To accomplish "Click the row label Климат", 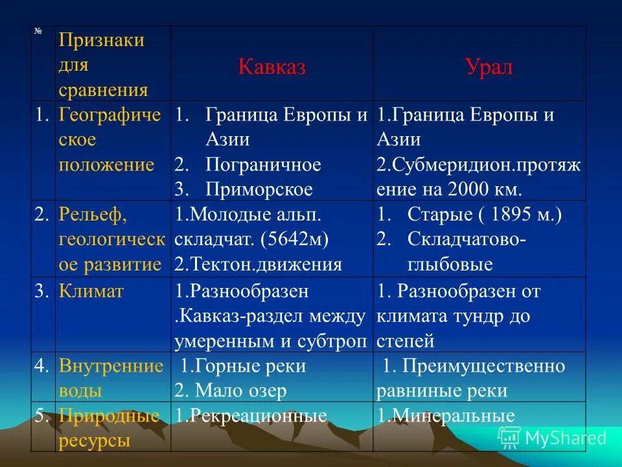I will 91,292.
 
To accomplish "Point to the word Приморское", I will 259,189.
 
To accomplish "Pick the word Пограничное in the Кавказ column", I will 263,165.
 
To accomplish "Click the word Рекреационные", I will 257,416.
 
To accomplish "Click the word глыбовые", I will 450,265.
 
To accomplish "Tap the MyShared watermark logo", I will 552,437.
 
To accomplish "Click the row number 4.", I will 42,366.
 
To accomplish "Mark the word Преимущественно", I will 483,366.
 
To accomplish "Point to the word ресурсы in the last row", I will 95,441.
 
